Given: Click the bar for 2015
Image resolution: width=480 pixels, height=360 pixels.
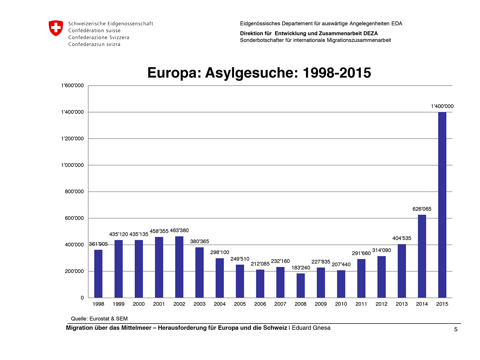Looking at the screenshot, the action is [x=442, y=205].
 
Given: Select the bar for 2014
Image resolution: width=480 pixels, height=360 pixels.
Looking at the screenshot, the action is [x=422, y=256].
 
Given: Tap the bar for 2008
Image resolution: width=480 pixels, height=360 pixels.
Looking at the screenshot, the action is [x=300, y=285].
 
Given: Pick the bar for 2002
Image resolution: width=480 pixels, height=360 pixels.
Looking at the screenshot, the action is [x=179, y=267].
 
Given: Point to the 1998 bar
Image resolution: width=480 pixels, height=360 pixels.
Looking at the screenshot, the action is [x=98, y=274].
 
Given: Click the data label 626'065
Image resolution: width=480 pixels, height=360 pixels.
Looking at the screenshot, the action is [x=422, y=209].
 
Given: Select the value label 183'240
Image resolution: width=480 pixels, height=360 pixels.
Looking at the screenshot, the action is [x=301, y=268].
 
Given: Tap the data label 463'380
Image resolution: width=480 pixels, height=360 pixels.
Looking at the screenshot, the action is [x=179, y=230].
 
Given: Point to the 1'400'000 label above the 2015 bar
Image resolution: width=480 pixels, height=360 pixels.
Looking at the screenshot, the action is [x=442, y=106].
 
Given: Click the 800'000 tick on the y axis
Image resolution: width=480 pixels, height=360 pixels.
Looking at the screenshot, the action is [x=74, y=191].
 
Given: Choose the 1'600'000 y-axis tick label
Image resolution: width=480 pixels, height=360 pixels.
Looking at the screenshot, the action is [x=72, y=85].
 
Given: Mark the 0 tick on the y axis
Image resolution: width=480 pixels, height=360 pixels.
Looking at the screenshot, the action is [x=82, y=298].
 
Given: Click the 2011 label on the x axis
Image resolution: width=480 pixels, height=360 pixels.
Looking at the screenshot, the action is [x=361, y=304].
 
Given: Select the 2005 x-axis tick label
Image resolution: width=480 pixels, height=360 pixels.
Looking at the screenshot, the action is [x=240, y=304].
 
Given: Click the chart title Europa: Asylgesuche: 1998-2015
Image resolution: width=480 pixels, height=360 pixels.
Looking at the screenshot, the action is [x=259, y=73].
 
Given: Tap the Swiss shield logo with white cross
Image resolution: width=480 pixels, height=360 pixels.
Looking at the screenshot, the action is [x=56, y=28].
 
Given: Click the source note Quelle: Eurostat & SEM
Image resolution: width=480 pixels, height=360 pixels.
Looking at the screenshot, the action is [x=99, y=319].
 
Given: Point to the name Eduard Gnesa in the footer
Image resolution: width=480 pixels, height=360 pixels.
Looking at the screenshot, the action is [x=311, y=328].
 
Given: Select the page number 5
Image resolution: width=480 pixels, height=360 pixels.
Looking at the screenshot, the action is [x=456, y=329].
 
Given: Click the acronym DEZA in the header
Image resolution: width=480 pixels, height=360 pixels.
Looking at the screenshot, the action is [x=371, y=34].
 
